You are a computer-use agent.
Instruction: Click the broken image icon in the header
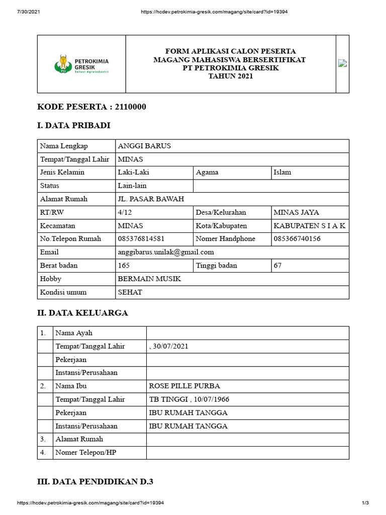tap(342, 63)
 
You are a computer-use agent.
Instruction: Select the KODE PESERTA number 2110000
tap(131, 107)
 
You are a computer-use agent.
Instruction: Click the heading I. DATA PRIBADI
tap(74, 126)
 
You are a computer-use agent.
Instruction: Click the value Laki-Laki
tap(133, 172)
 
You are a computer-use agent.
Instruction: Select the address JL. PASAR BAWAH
tap(151, 199)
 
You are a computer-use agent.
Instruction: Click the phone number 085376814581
tap(141, 238)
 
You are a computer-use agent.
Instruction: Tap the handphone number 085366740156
tap(297, 238)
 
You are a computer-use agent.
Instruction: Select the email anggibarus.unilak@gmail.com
tap(166, 252)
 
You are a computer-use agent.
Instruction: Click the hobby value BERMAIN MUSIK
tap(149, 279)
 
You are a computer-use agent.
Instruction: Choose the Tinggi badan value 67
tap(277, 265)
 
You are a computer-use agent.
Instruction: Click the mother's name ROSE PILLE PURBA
tap(184, 386)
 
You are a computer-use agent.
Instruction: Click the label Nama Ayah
tap(74, 333)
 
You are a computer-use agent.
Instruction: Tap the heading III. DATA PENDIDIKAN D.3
tap(95, 482)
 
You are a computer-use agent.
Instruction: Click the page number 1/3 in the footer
tap(365, 503)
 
